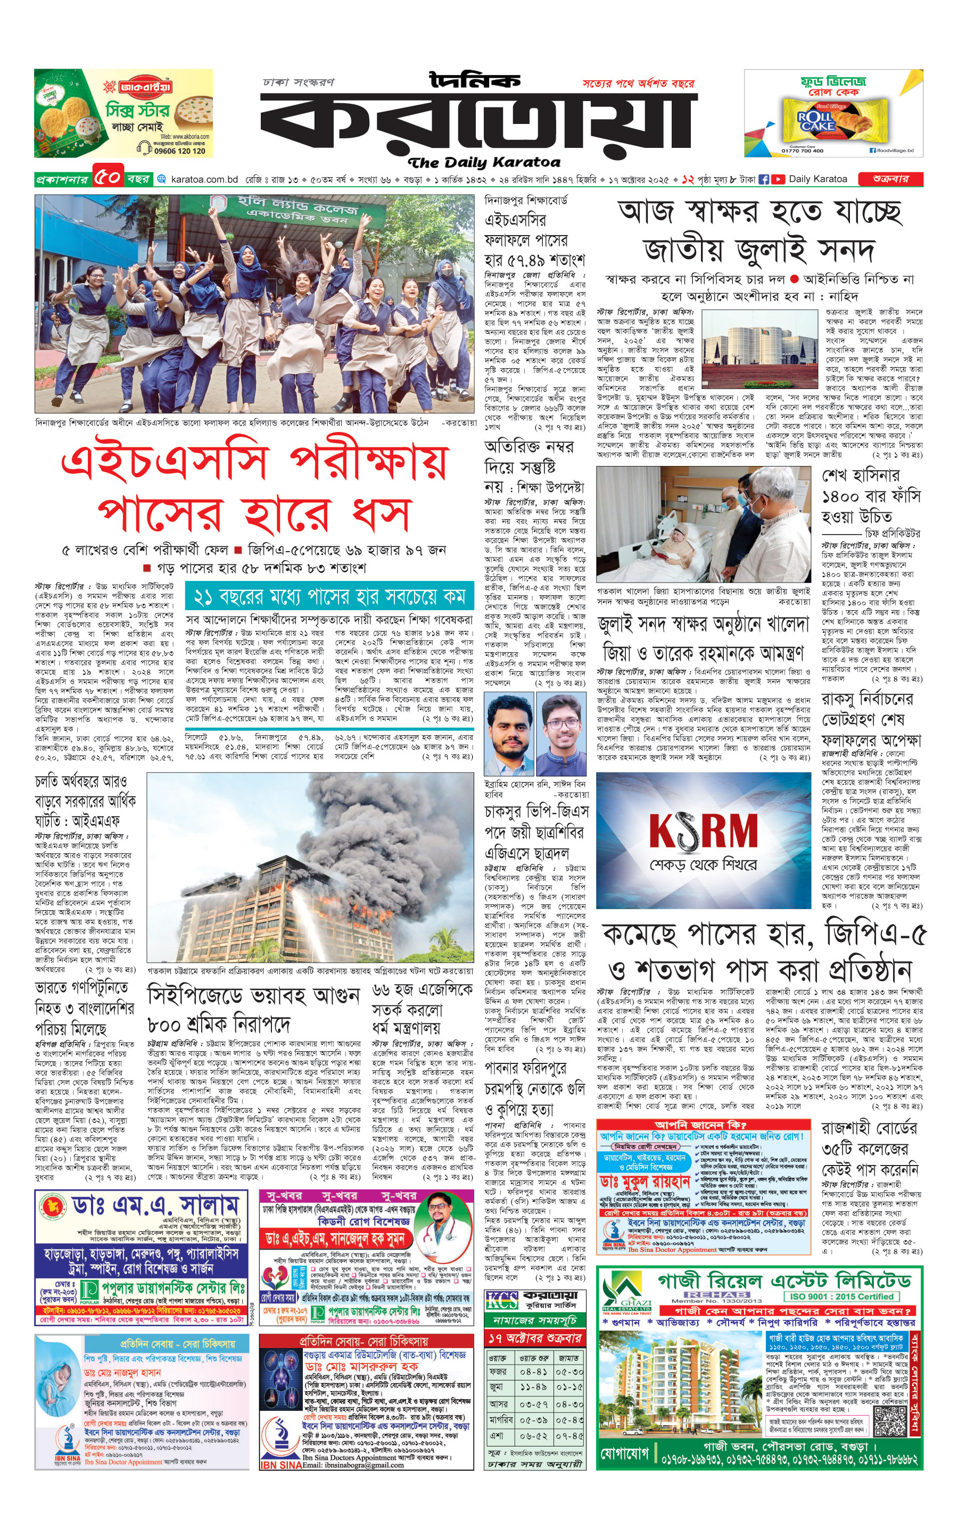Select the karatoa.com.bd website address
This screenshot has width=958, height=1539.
pos(204,179)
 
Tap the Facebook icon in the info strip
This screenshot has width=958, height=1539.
pos(764,179)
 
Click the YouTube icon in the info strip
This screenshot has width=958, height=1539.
pos(778,179)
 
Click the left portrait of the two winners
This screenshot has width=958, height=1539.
pos(508,734)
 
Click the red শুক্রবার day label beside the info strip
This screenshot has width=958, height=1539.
pos(890,179)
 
